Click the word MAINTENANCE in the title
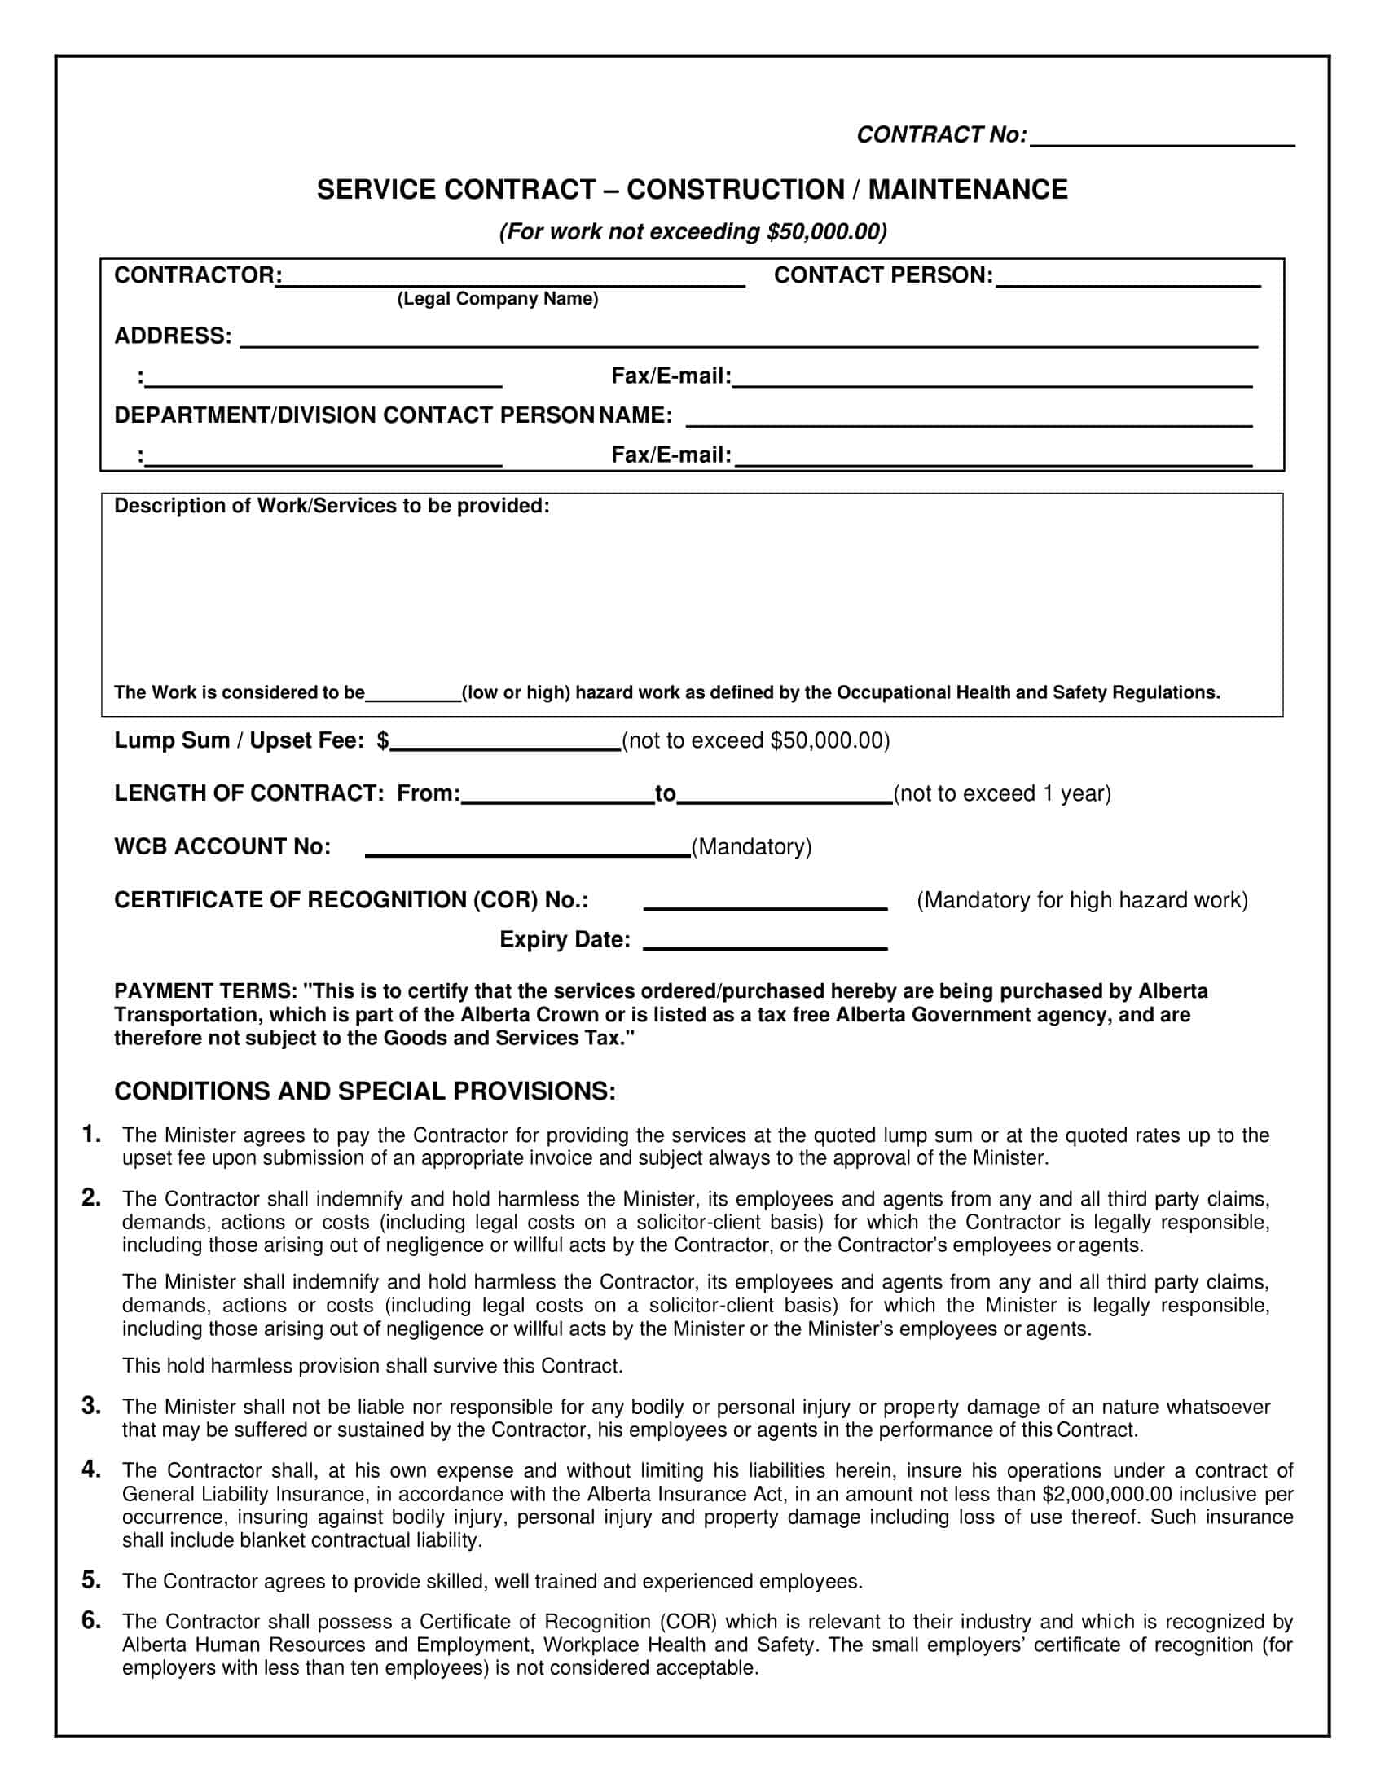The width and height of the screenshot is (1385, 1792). pyautogui.click(x=967, y=190)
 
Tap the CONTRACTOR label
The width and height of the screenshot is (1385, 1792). pyautogui.click(x=196, y=275)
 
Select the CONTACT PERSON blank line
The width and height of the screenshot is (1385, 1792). pyautogui.click(x=1128, y=281)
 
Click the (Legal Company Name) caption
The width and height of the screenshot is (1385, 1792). pyautogui.click(x=497, y=300)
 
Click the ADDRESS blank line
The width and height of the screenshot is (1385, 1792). pyautogui.click(x=747, y=342)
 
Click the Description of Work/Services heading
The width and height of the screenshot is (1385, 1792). pyautogui.click(x=332, y=507)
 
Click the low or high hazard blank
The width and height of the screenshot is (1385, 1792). pyautogui.click(x=413, y=696)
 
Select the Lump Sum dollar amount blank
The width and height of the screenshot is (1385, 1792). pyautogui.click(x=504, y=745)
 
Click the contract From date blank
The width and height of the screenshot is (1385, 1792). pyautogui.click(x=557, y=798)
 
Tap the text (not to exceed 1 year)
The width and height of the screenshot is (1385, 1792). pyautogui.click(x=1002, y=793)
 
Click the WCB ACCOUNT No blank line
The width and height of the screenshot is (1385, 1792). pyautogui.click(x=527, y=852)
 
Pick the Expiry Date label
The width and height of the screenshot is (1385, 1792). pyautogui.click(x=565, y=939)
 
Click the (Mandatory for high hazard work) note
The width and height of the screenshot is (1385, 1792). pyautogui.click(x=1081, y=900)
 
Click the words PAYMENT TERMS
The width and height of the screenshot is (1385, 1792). pyautogui.click(x=205, y=991)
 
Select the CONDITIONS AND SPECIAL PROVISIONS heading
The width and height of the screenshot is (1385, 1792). pyautogui.click(x=364, y=1091)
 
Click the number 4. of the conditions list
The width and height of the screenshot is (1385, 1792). pyautogui.click(x=91, y=1469)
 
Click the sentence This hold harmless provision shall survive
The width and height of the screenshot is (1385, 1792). pyautogui.click(x=372, y=1366)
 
